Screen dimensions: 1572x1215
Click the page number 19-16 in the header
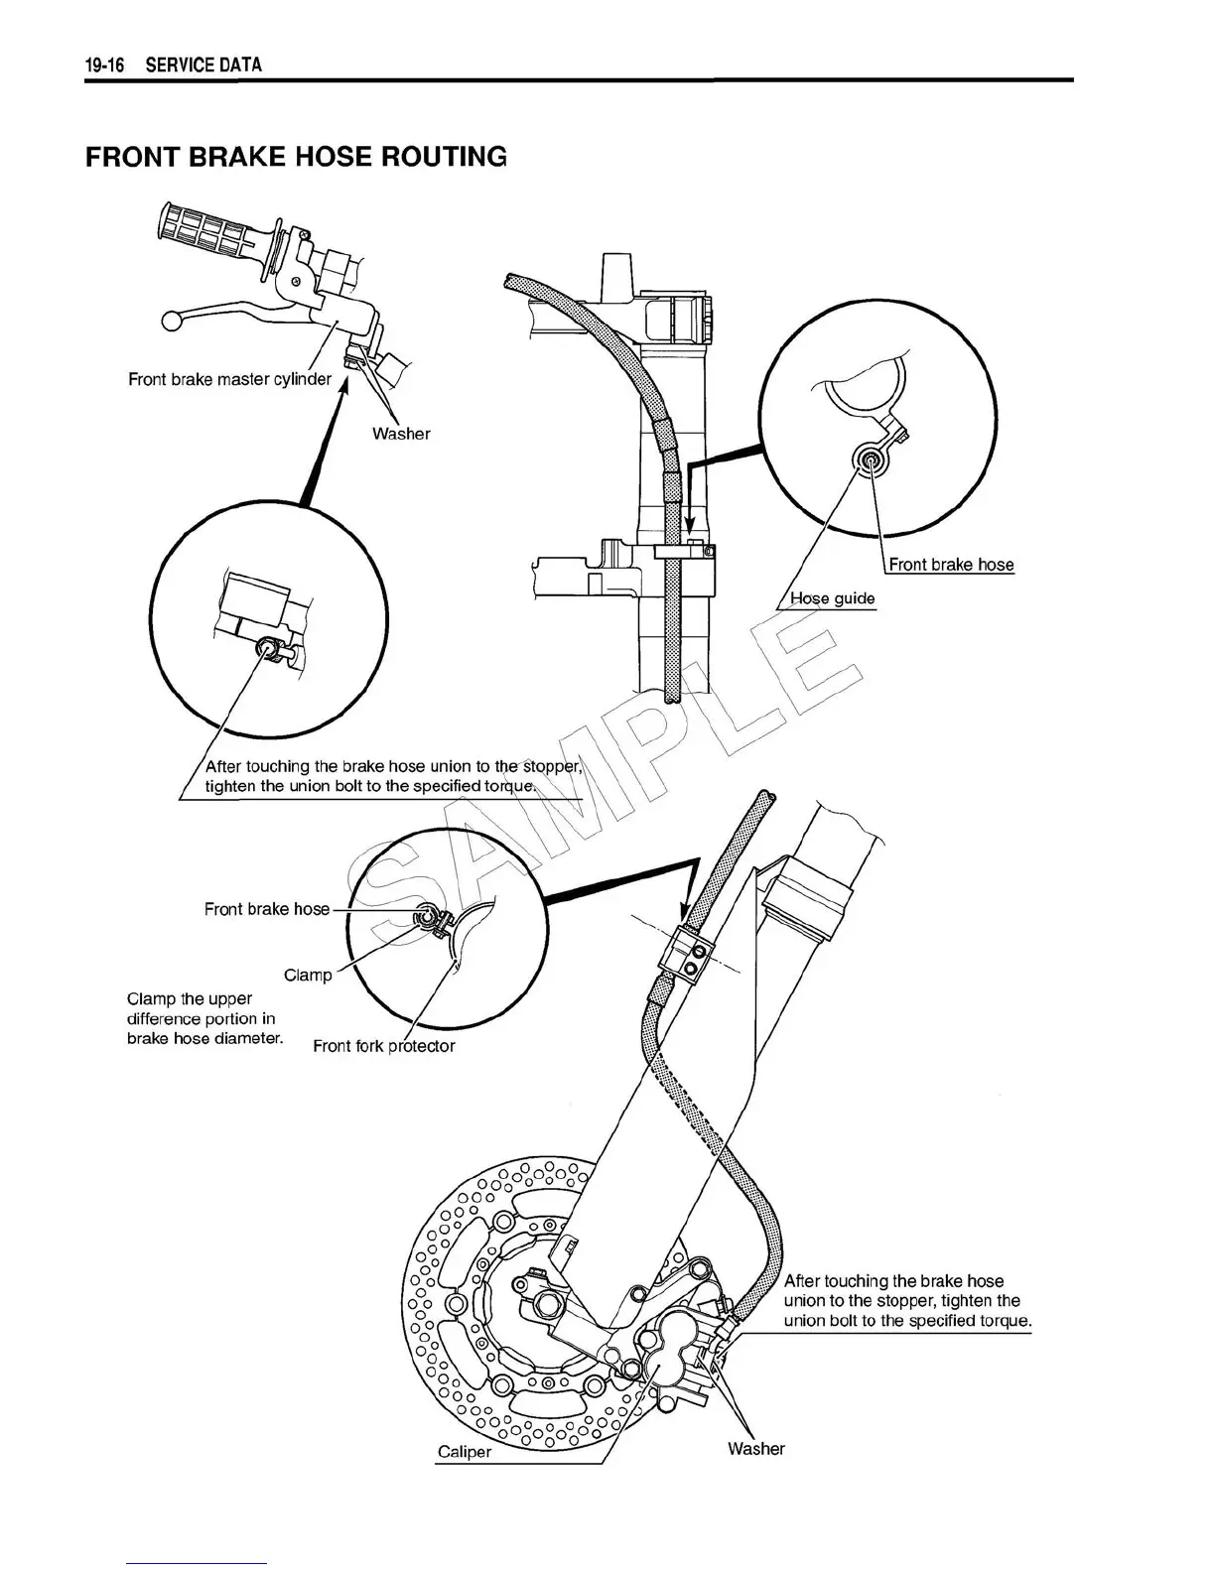tap(103, 65)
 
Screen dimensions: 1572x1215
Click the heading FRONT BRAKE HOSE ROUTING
tap(296, 157)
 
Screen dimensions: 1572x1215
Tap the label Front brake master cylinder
tap(229, 379)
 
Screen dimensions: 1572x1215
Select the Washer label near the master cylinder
tap(401, 434)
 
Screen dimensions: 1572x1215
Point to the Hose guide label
tap(832, 598)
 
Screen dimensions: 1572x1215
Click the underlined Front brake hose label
tap(951, 565)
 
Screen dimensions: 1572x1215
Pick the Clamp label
tap(308, 975)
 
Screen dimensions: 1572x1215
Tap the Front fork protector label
tap(383, 1046)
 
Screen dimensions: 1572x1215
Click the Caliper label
tap(465, 1452)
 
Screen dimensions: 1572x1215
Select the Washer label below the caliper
tap(755, 1449)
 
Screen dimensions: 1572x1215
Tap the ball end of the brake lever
tap(171, 321)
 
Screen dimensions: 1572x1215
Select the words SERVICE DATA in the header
tap(203, 65)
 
